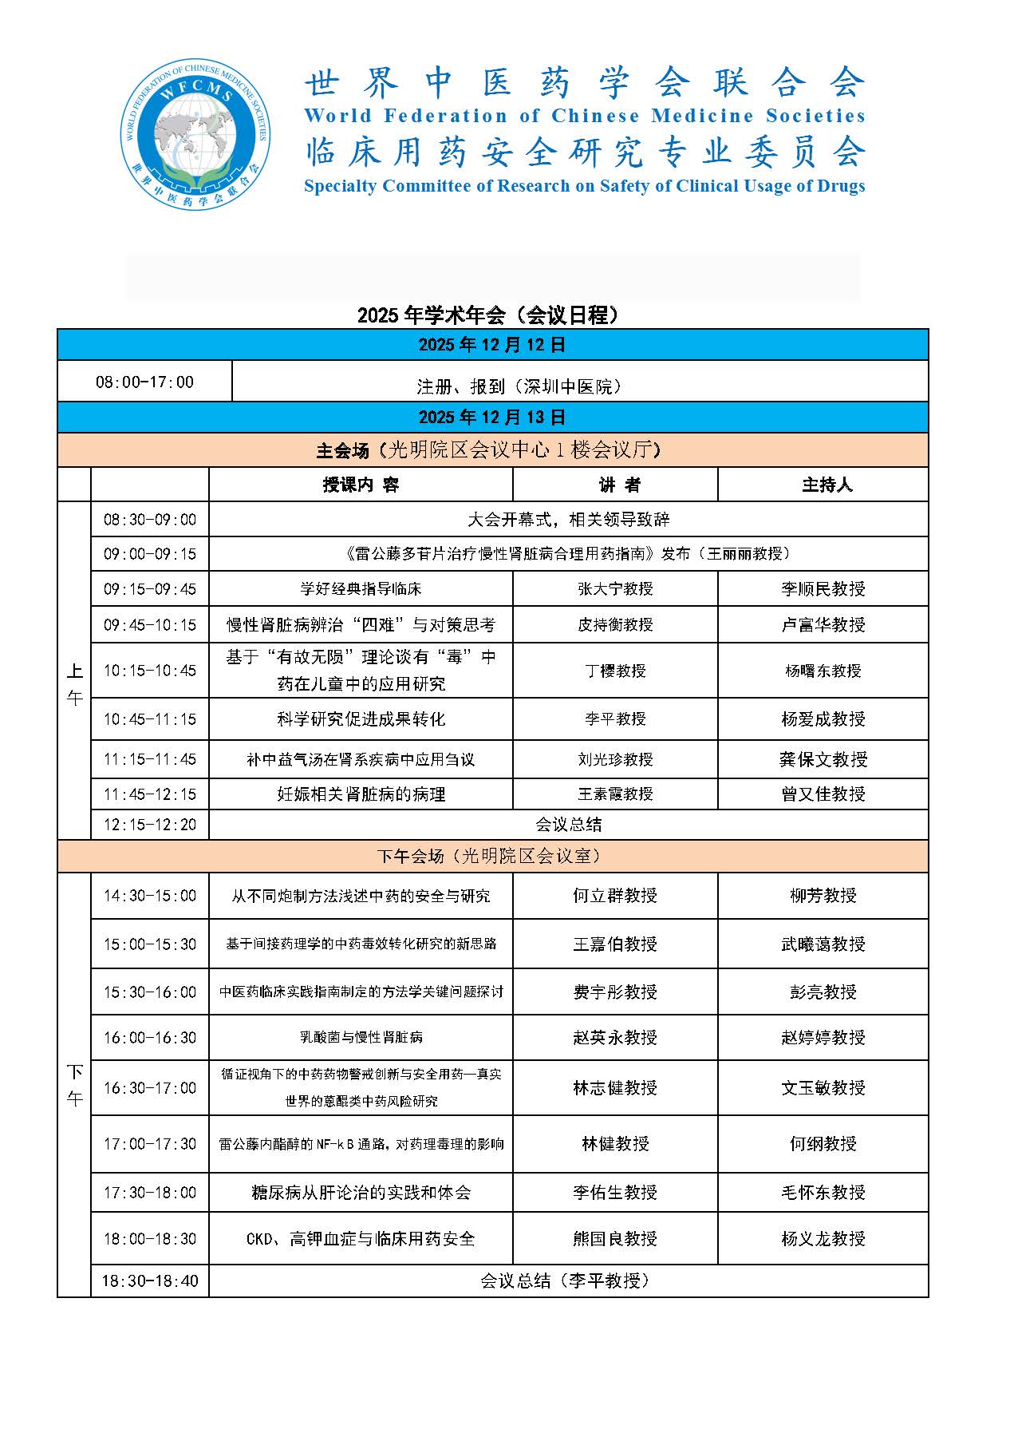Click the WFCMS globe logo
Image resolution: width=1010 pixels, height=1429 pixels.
[x=195, y=134]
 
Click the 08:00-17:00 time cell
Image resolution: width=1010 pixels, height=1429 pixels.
[x=144, y=382]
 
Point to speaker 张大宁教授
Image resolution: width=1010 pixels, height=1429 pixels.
[x=615, y=589]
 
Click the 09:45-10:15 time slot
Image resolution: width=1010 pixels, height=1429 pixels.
[x=150, y=625]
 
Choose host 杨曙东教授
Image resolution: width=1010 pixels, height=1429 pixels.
[x=823, y=671]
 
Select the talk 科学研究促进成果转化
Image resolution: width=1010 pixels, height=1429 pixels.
[x=361, y=719]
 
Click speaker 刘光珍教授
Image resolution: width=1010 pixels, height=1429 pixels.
[x=615, y=759]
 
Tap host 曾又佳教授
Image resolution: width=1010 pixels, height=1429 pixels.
[x=823, y=794]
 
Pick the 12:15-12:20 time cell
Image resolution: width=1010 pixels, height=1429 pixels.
[x=150, y=825]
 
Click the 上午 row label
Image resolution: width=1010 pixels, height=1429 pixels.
[x=74, y=685]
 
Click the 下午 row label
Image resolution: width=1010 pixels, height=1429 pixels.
[x=74, y=1085]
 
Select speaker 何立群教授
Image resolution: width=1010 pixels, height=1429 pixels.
[x=615, y=896]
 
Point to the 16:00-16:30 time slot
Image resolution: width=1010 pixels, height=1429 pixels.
[x=150, y=1038]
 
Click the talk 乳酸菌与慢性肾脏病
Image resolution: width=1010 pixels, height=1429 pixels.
[x=361, y=1038]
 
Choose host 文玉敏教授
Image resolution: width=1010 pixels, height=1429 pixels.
[x=823, y=1088]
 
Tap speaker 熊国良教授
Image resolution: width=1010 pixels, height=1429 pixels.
[x=615, y=1239]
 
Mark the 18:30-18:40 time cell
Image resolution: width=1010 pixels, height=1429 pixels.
[x=150, y=1281]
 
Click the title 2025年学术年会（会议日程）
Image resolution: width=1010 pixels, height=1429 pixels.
[x=488, y=315]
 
